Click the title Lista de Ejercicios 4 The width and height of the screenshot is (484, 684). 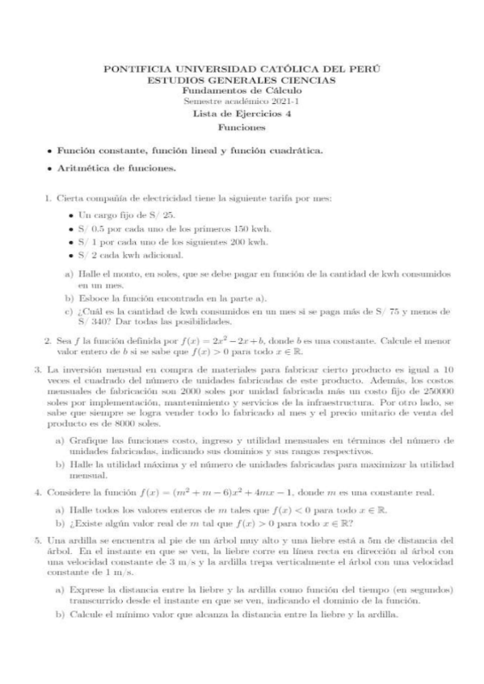(x=242, y=114)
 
